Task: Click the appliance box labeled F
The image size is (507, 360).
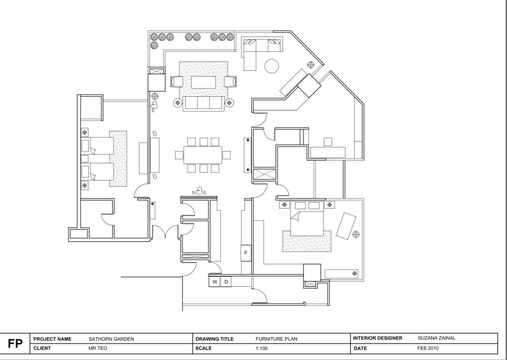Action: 246,253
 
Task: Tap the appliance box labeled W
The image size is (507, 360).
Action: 215,282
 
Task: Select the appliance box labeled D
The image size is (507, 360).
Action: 226,282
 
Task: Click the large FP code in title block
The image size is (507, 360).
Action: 15,343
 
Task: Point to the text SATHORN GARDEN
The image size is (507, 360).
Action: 111,339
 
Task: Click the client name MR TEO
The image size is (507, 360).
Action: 98,348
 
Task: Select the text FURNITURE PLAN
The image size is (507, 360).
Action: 276,339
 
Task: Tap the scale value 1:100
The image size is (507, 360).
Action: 262,349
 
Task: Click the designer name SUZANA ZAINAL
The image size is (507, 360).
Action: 437,338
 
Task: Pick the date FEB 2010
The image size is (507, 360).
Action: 428,348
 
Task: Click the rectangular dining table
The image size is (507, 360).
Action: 203,155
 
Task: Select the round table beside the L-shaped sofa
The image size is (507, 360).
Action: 272,66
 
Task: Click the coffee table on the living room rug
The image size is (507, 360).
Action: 204,82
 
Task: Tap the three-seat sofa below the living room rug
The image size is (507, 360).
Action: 204,104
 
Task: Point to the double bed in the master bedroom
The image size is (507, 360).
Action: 307,218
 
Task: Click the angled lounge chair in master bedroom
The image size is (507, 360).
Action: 346,226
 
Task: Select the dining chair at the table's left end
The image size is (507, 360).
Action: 179,155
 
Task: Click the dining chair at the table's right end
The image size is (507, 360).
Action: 226,155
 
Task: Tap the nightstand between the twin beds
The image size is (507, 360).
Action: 85,159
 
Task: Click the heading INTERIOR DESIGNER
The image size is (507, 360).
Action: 378,338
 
